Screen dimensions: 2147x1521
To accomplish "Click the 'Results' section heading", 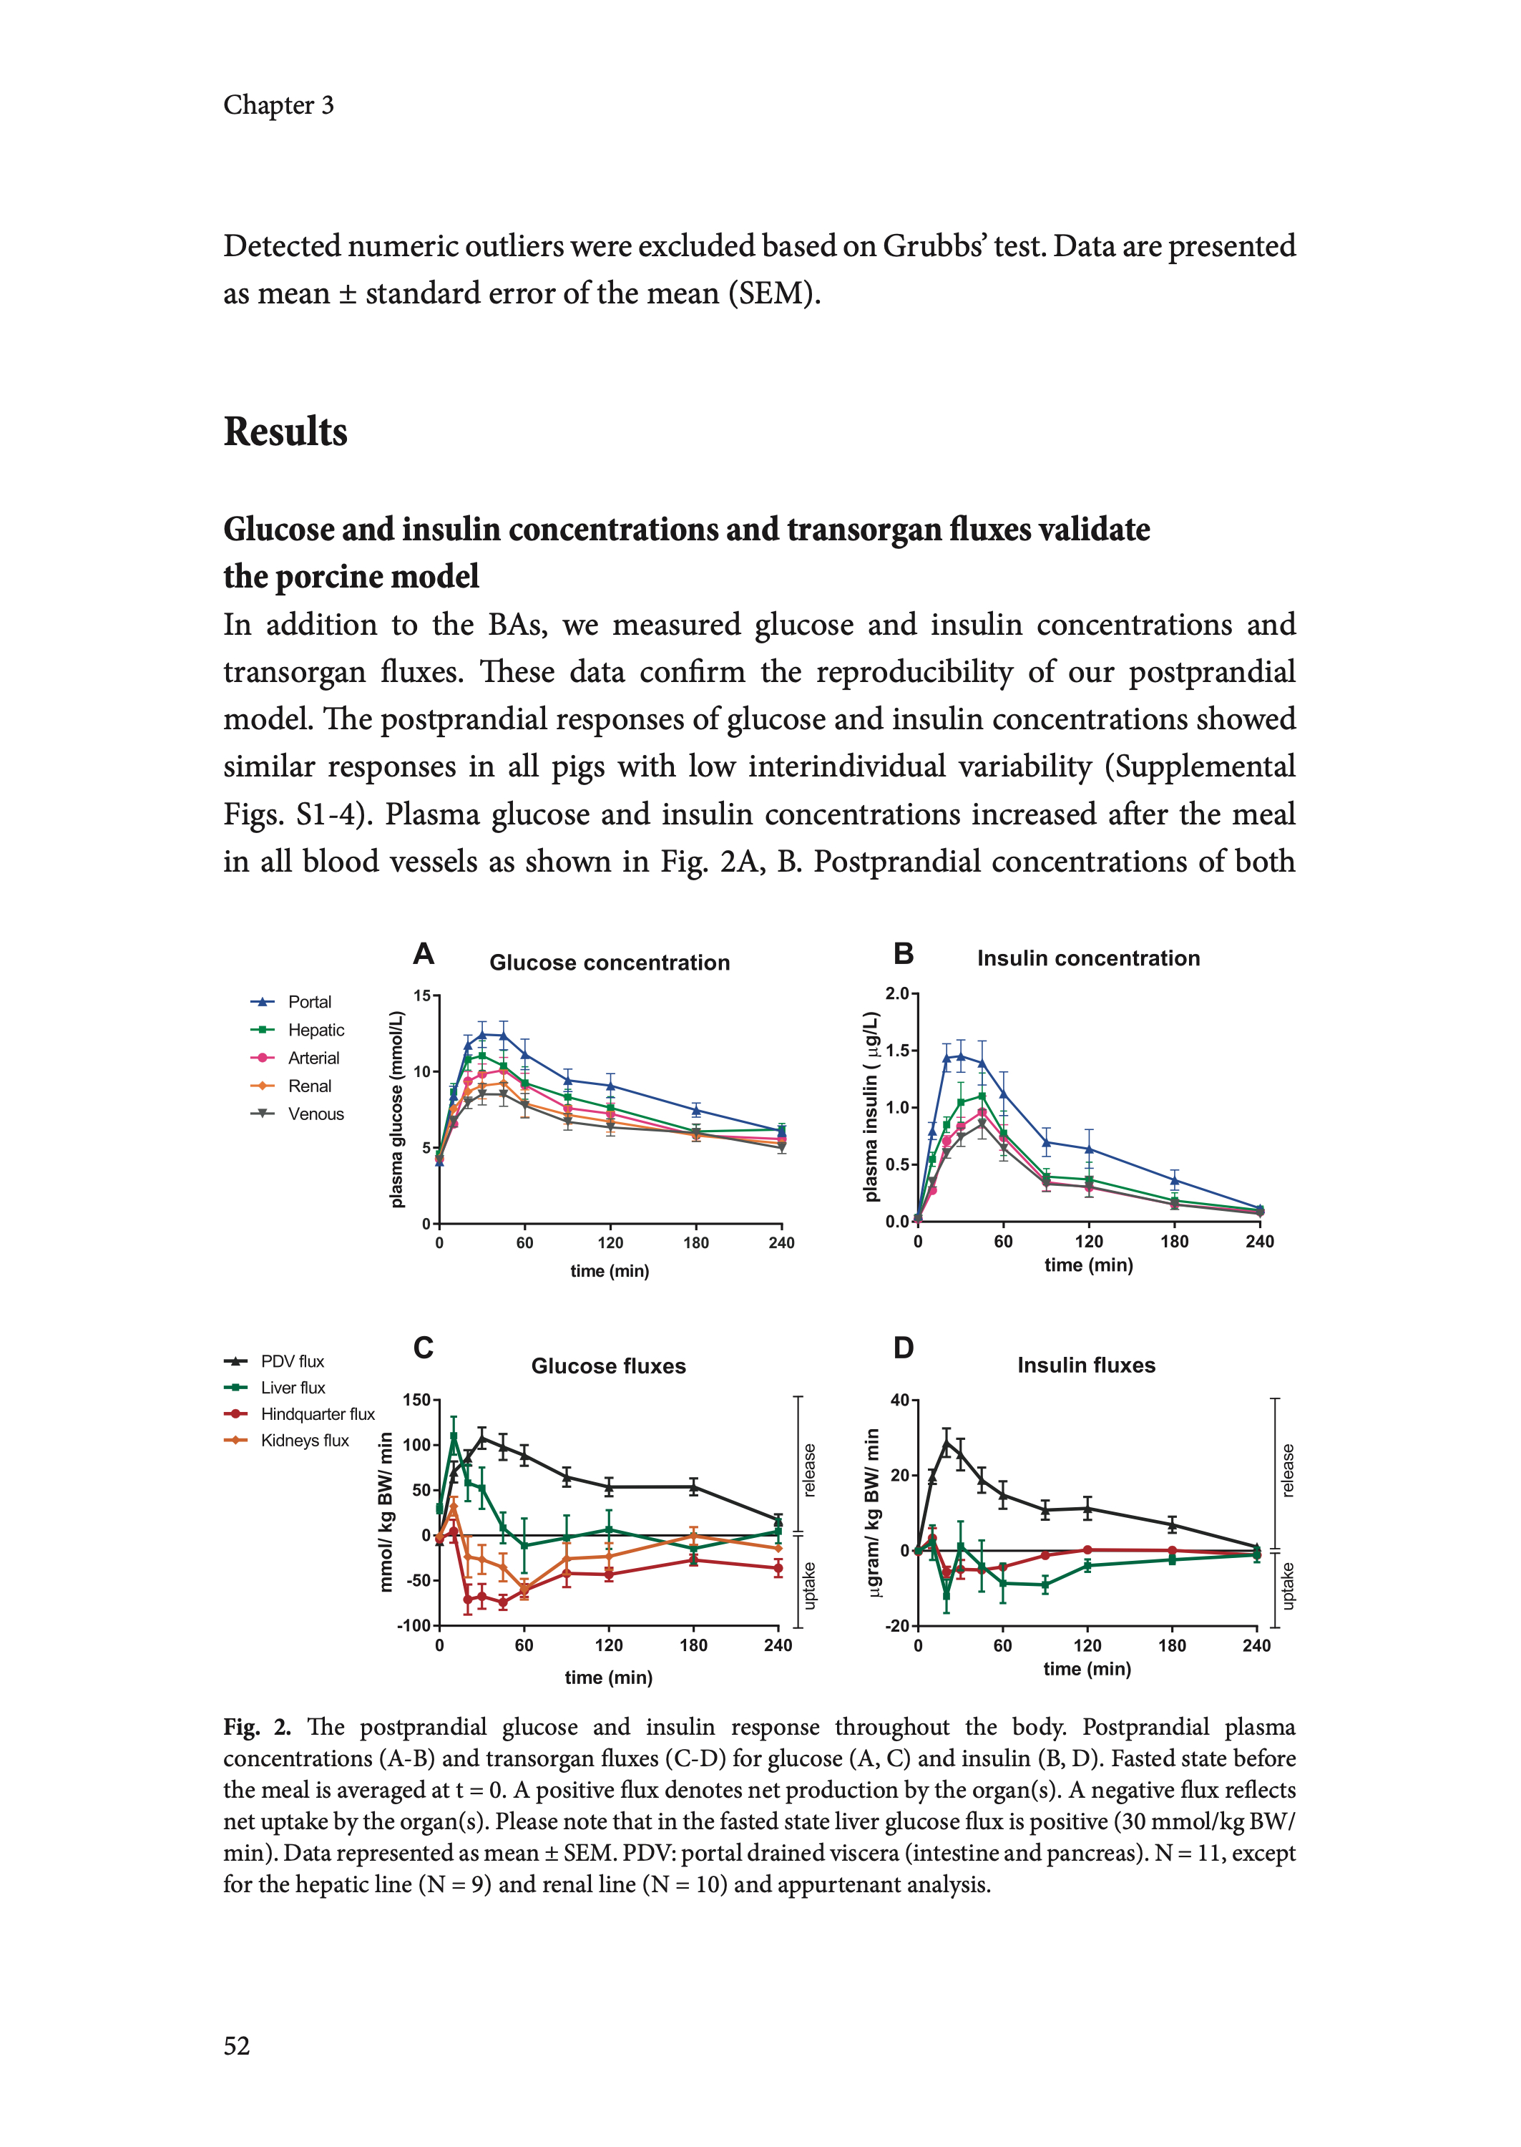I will pyautogui.click(x=285, y=432).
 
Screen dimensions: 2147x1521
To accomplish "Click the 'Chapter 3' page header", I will pyautogui.click(x=278, y=105).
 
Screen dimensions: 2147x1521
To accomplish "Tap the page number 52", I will pyautogui.click(x=237, y=2045).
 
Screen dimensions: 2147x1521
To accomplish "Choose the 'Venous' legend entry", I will pyautogui.click(x=316, y=1114).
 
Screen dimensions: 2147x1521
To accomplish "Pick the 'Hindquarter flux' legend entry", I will pyautogui.click(x=318, y=1413).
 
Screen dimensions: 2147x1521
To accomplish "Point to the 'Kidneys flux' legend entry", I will pyautogui.click(x=304, y=1440).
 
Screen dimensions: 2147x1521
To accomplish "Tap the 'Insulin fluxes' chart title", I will pyautogui.click(x=1087, y=1365).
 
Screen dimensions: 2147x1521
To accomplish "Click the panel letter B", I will pyautogui.click(x=903, y=953).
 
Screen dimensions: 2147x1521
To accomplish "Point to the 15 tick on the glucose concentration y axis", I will pyautogui.click(x=421, y=995).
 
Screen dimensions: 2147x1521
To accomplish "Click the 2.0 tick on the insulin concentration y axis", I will pyautogui.click(x=897, y=993).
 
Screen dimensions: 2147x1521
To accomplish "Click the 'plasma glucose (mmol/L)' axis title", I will pyautogui.click(x=397, y=1109).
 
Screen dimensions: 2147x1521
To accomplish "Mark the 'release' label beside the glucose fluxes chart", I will pyautogui.click(x=809, y=1469).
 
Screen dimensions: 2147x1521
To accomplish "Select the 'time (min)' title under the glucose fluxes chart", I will pyautogui.click(x=608, y=1677).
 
